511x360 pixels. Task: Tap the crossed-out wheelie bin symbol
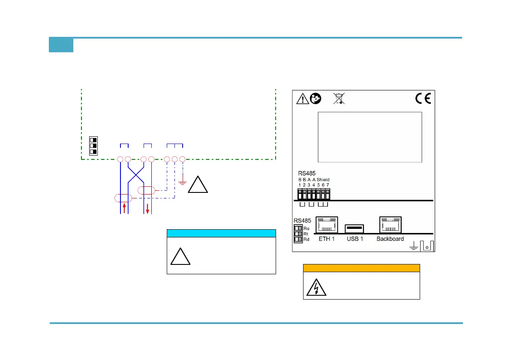(x=339, y=99)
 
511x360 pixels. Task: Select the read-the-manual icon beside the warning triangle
(x=316, y=99)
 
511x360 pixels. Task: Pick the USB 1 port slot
(x=355, y=228)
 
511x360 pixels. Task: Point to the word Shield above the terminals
(x=323, y=180)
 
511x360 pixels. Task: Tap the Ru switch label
(x=307, y=228)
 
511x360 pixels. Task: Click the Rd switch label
(x=307, y=240)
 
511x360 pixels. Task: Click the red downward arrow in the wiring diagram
(x=147, y=209)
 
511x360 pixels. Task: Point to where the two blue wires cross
(x=136, y=174)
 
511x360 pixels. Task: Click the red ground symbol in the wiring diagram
(x=182, y=183)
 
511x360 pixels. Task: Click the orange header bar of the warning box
(x=361, y=268)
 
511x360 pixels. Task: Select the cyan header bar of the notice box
(x=221, y=233)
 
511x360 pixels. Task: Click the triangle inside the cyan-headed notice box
(x=180, y=257)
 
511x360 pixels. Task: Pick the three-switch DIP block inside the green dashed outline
(x=93, y=146)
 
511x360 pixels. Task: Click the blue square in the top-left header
(x=61, y=45)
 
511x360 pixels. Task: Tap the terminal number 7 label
(x=328, y=184)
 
